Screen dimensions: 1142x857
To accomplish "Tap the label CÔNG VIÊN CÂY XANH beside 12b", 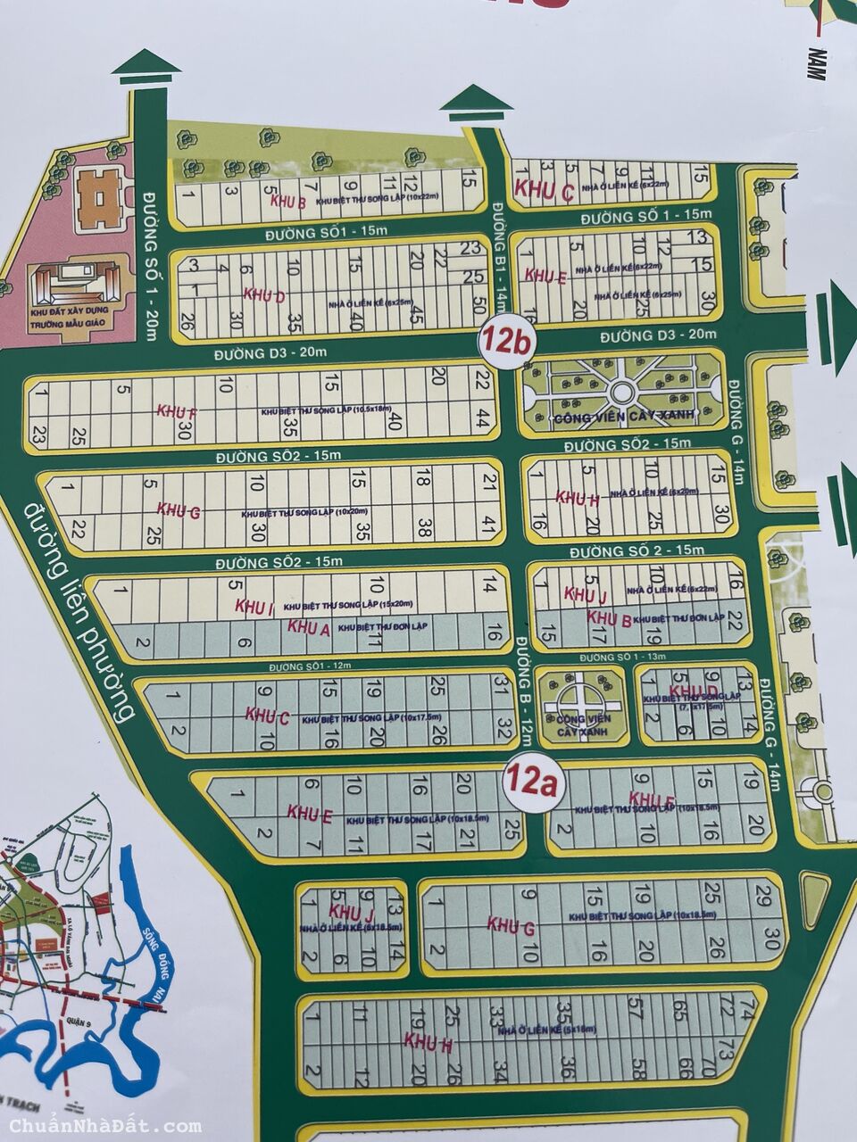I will click(616, 418).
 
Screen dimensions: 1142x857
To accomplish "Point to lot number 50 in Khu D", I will click(480, 305).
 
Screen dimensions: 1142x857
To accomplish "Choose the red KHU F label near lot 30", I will click(176, 411).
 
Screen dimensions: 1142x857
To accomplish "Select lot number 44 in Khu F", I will click(482, 419).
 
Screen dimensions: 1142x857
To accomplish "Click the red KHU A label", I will click(309, 628).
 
